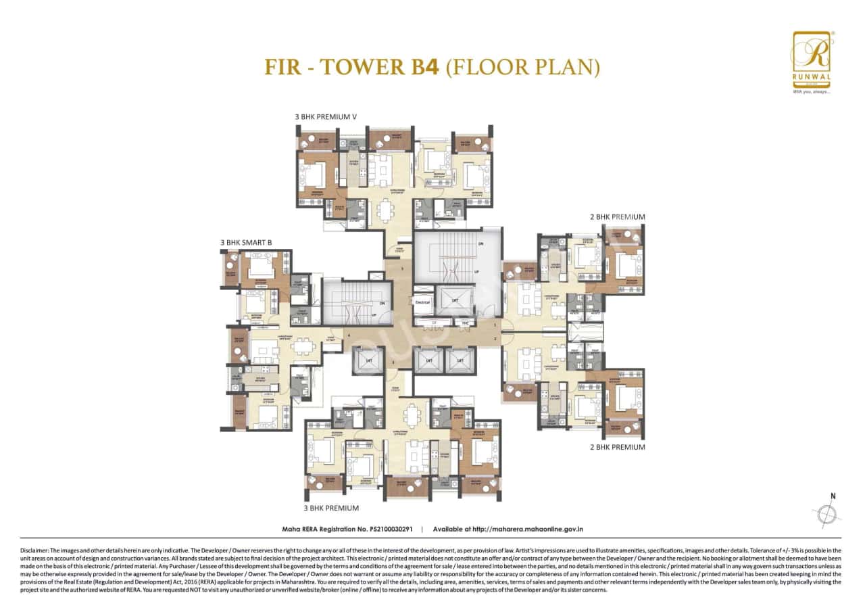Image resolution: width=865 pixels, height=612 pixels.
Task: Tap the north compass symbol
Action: [828, 514]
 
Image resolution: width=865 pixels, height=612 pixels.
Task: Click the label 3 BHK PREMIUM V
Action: [325, 117]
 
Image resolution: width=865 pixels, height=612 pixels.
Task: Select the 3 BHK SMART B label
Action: [246, 242]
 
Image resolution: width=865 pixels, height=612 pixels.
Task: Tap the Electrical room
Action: [422, 302]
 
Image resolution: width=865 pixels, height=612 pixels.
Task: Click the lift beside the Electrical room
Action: [455, 300]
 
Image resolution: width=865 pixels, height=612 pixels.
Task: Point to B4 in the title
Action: [423, 67]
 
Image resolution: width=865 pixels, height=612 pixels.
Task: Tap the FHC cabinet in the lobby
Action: [465, 323]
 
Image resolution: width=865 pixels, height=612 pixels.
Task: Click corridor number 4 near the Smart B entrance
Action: [349, 335]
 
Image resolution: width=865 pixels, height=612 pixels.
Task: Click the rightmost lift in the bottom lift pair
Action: [460, 360]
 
